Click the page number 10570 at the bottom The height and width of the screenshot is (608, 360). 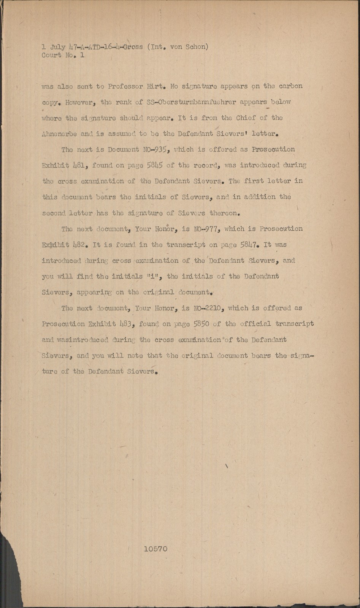pos(155,549)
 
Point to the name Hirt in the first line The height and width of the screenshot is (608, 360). pos(155,86)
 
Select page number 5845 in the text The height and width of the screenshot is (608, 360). pos(155,166)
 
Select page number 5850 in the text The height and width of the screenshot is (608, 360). pos(202,324)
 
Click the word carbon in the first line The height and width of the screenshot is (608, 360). pos(290,86)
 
